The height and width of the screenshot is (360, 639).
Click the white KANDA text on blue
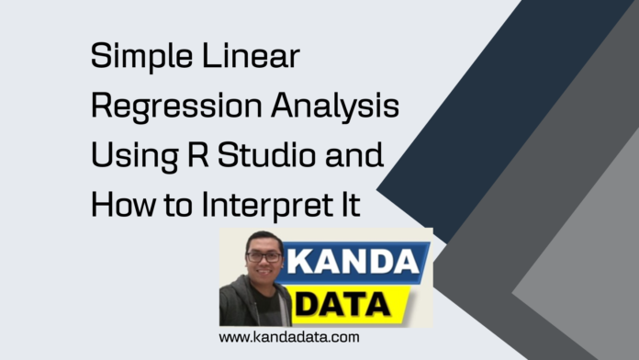click(x=354, y=263)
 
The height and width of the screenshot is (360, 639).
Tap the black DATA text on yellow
click(x=348, y=304)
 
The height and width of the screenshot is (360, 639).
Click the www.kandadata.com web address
click(x=289, y=338)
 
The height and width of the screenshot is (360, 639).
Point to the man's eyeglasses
click(x=263, y=259)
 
